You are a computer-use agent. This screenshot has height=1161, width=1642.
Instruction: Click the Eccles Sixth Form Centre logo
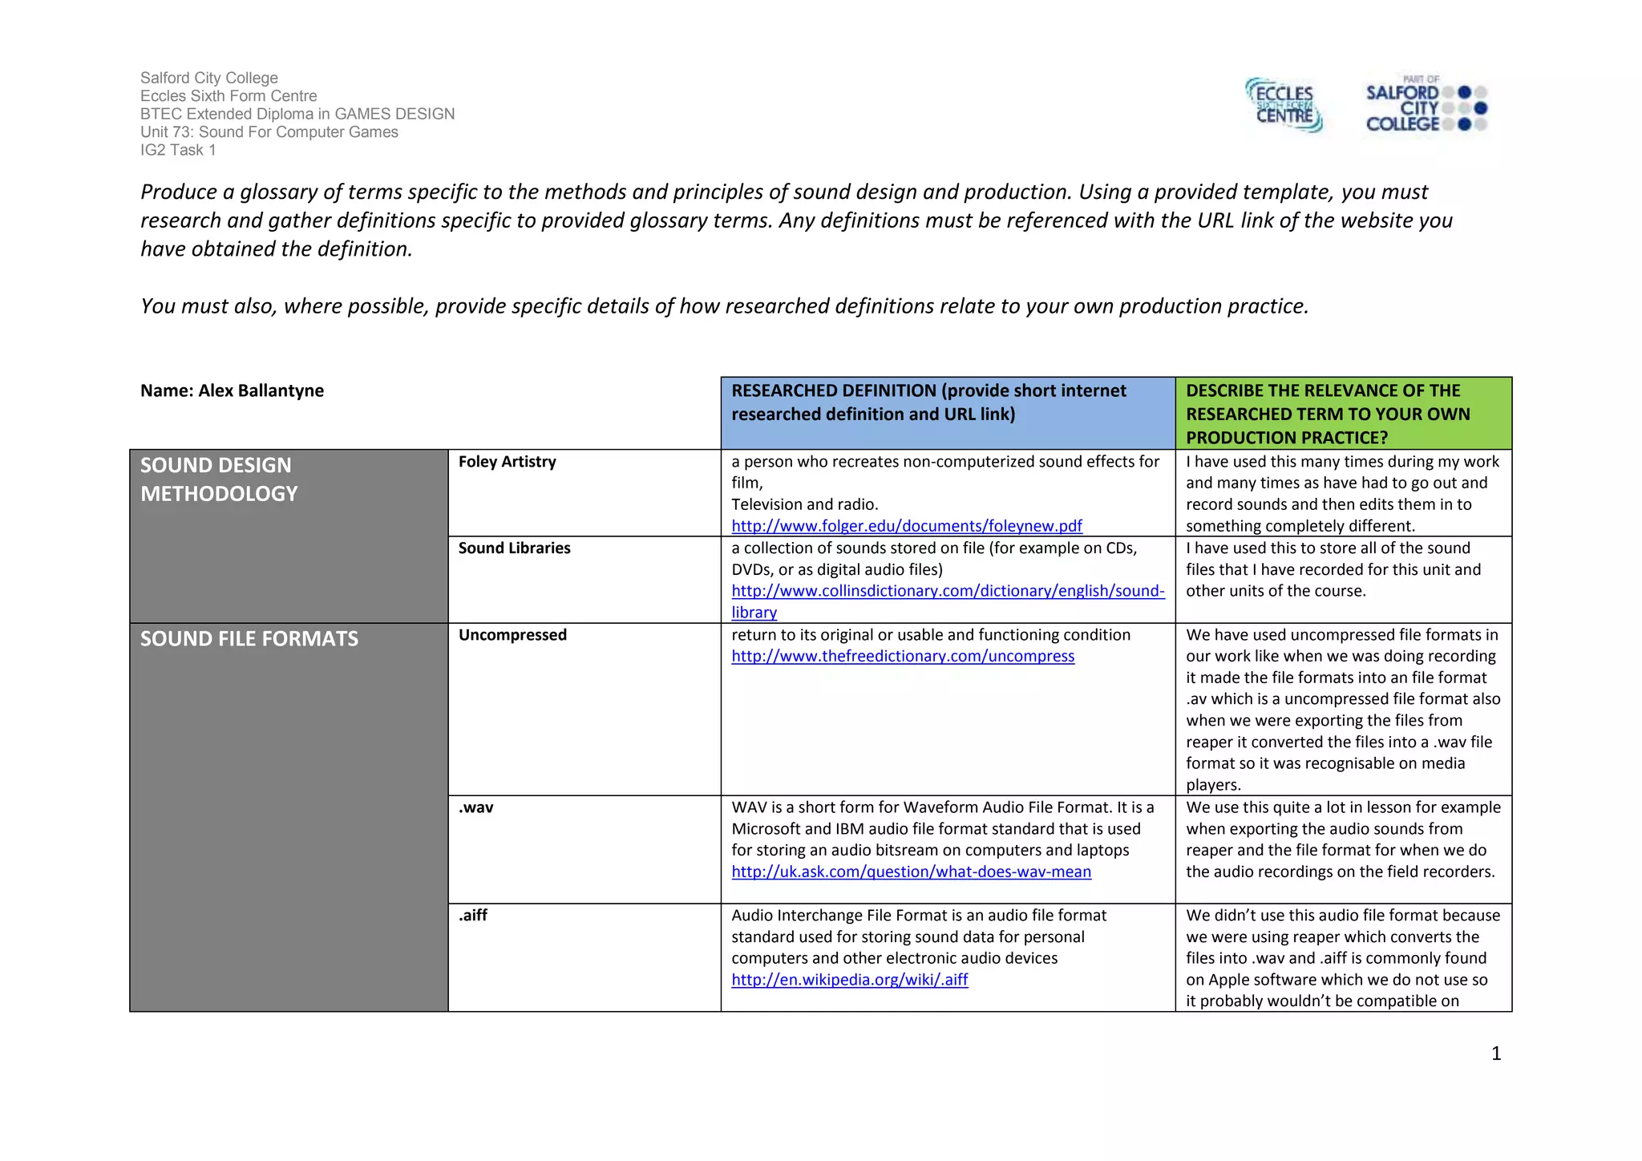[x=1284, y=105]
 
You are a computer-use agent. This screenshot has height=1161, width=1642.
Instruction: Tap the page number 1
[x=1495, y=1054]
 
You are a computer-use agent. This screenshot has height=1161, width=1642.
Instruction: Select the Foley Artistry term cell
[x=507, y=462]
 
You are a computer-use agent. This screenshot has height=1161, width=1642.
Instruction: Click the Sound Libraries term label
[x=514, y=548]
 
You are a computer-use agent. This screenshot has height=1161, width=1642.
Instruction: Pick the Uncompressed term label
[x=512, y=635]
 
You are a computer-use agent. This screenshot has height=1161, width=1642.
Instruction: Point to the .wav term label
[x=475, y=807]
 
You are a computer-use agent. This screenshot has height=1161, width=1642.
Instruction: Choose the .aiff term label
[x=473, y=916]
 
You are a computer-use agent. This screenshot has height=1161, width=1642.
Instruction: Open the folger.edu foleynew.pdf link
[x=906, y=526]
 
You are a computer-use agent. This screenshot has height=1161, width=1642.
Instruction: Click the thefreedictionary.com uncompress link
[x=903, y=656]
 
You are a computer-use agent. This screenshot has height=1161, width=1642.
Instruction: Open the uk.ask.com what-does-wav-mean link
[x=911, y=872]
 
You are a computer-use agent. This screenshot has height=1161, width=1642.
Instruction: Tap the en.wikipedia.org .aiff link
[x=849, y=980]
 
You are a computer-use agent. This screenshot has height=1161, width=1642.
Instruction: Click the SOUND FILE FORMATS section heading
[x=249, y=639]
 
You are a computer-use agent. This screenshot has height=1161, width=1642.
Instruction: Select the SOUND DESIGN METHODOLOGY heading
[x=219, y=479]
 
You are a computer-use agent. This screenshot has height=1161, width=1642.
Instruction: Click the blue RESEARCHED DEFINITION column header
[x=947, y=403]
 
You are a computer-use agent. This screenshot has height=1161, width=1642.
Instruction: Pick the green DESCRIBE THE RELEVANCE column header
[x=1343, y=414]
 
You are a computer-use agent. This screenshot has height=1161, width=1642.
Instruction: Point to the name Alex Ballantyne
[x=233, y=390]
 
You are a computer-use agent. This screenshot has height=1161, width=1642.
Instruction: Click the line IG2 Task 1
[x=178, y=150]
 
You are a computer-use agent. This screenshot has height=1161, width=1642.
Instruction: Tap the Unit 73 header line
[x=269, y=132]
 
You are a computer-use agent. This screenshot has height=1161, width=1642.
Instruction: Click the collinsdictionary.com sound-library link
[x=948, y=592]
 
